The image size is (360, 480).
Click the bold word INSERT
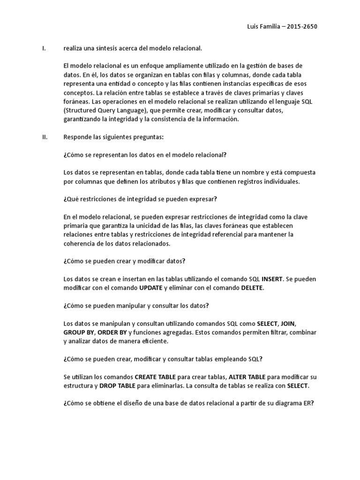point(272,279)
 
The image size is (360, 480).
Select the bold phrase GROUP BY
point(78,332)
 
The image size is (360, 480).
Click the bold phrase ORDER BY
point(112,332)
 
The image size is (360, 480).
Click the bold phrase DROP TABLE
point(118,385)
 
